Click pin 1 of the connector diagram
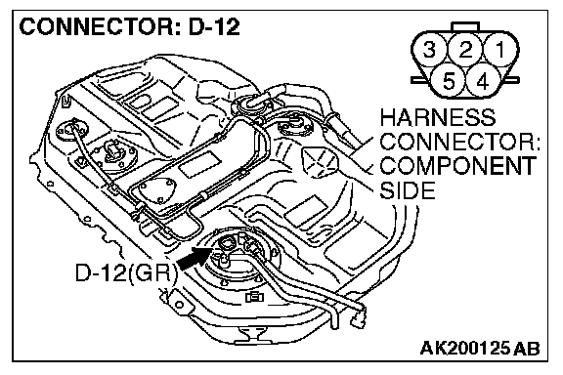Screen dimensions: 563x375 tap(500, 49)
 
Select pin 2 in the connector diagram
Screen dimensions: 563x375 tap(465, 49)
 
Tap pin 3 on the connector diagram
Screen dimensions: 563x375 tap(429, 49)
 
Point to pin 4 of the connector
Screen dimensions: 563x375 tap(483, 80)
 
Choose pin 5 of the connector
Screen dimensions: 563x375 tap(448, 80)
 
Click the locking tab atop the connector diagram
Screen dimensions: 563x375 tap(465, 26)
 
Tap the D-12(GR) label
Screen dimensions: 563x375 tap(127, 273)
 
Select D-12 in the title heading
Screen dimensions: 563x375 tap(214, 27)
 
